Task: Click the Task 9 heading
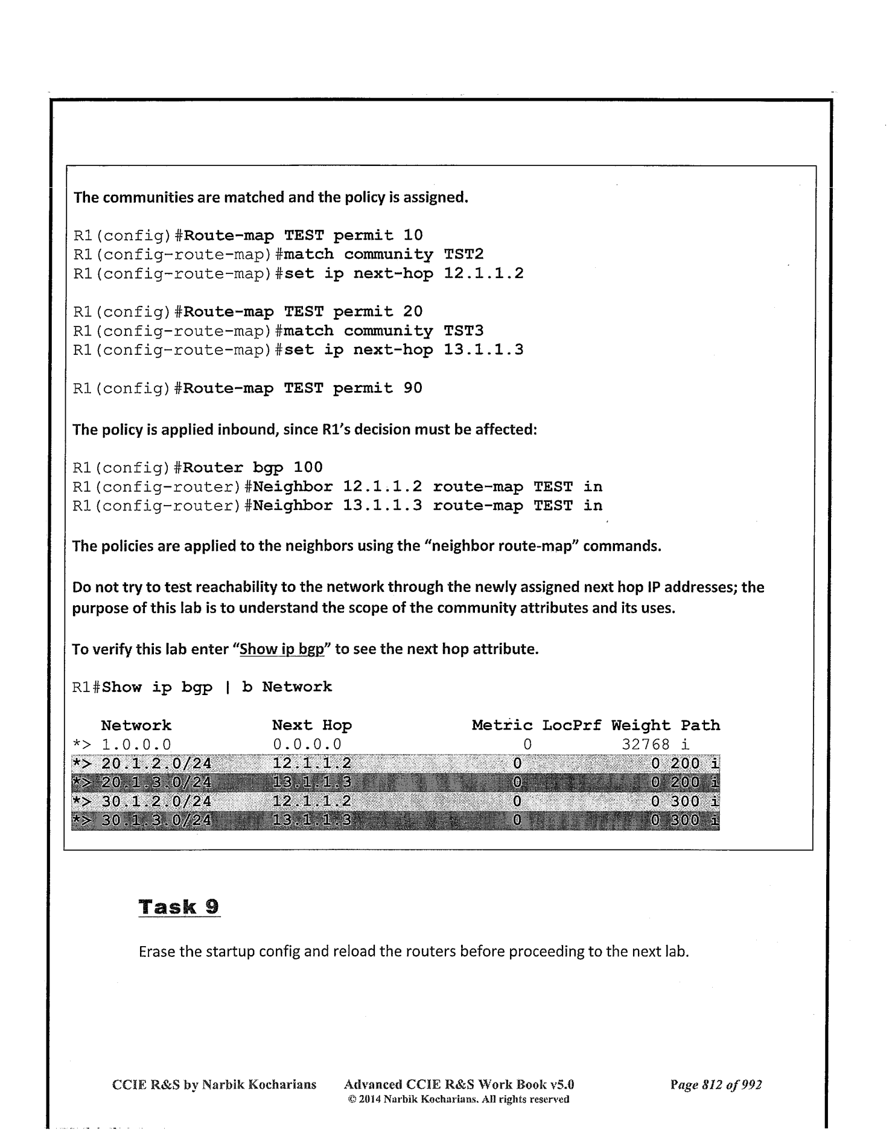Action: point(179,907)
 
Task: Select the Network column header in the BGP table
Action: point(136,725)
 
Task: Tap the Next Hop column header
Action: point(311,725)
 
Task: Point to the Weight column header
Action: point(640,725)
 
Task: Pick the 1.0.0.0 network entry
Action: point(136,745)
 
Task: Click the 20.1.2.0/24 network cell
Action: point(156,764)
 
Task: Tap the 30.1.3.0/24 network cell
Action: point(156,821)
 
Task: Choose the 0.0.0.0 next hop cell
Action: point(307,745)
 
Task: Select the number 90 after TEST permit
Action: point(413,388)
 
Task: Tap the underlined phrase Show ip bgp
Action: point(282,650)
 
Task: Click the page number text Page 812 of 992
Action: point(716,1085)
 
